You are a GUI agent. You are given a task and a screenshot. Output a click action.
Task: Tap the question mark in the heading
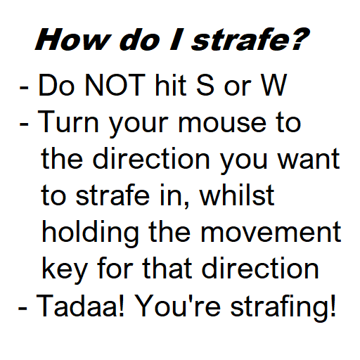coord(298,40)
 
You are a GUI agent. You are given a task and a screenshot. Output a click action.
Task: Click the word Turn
coord(67,123)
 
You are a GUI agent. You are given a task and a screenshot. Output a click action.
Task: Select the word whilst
coord(236,196)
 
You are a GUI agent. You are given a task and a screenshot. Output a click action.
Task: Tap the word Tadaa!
coord(83,306)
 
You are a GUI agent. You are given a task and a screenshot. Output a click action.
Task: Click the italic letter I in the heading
coord(176,40)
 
